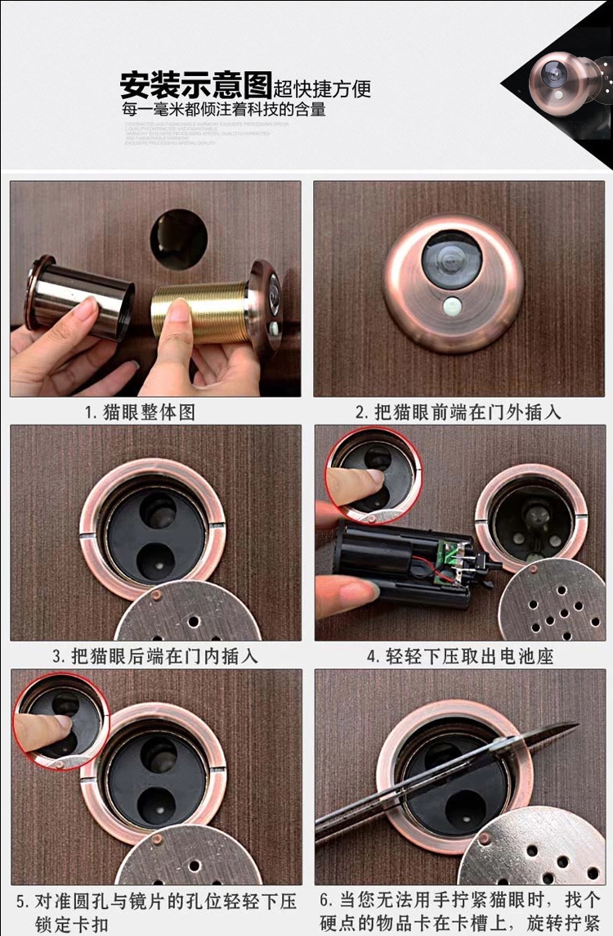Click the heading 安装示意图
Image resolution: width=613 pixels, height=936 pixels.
tap(196, 83)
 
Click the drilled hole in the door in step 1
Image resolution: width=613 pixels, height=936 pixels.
tap(178, 238)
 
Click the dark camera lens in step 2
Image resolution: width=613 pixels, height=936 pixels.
tap(451, 259)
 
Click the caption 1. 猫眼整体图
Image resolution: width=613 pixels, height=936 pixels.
tap(140, 412)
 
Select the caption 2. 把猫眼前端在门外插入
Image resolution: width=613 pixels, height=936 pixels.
tap(458, 412)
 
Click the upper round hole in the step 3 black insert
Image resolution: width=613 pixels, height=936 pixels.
tap(157, 511)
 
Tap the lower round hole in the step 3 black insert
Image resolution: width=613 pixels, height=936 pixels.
tap(154, 564)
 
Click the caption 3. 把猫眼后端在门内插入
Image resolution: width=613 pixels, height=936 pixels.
tap(154, 655)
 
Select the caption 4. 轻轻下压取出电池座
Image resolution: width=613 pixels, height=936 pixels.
tap(460, 655)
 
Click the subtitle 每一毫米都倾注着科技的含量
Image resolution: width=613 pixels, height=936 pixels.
tap(223, 109)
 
